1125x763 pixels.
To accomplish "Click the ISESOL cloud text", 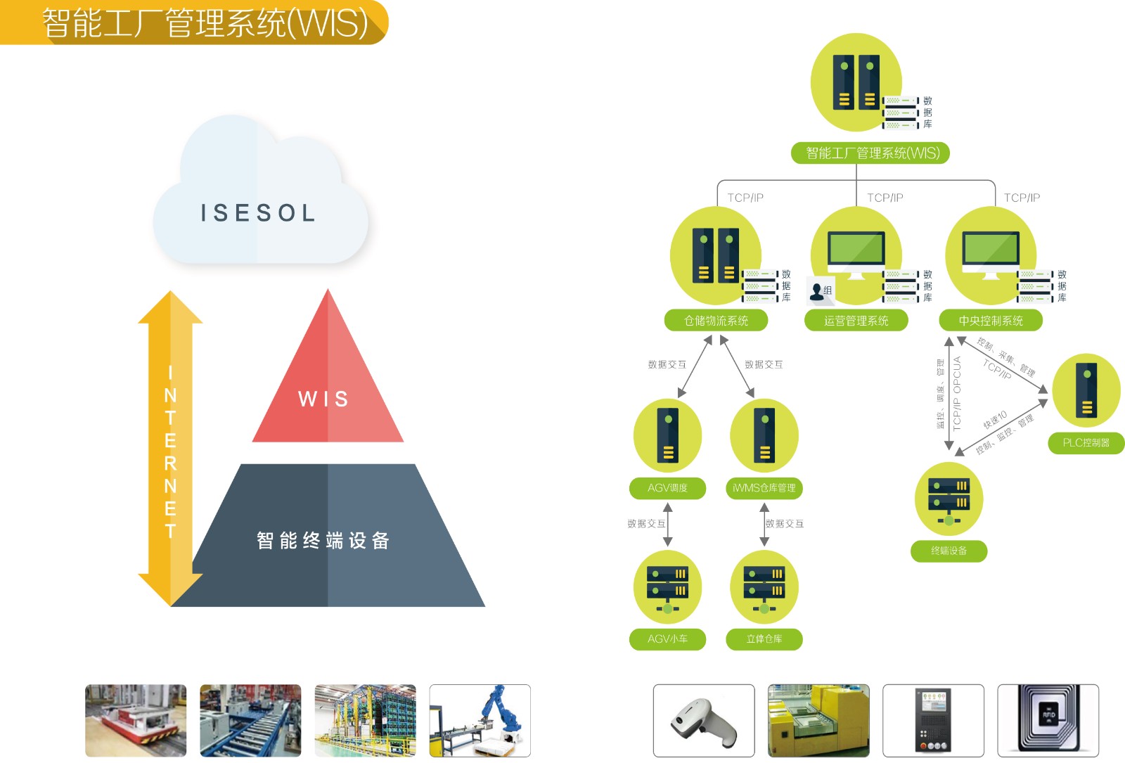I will coord(258,212).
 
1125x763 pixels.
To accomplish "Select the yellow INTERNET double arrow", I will coord(170,450).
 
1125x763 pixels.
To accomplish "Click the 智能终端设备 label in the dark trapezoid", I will coord(323,541).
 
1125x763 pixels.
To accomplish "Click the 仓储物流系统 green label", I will coord(716,321).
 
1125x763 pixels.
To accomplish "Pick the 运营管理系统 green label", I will coord(856,321).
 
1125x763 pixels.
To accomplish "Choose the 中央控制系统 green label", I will coord(991,321).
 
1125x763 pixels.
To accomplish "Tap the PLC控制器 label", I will coord(1086,442).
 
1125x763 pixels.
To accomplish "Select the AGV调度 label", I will coord(667,488).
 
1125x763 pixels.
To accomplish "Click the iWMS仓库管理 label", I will coord(764,488).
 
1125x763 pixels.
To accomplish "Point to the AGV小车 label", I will coord(667,639).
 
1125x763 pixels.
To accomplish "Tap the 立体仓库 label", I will coord(764,639).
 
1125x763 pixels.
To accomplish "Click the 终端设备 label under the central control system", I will coord(949,551).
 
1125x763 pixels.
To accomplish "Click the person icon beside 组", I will coord(816,291).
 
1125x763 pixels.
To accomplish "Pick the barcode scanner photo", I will coord(703,721).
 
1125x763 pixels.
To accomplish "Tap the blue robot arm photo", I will coord(480,721).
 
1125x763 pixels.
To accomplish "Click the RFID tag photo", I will coord(1048,721).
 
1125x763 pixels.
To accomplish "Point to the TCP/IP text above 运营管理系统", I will coord(885,198).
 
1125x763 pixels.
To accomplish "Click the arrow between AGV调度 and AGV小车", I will coord(668,525).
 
